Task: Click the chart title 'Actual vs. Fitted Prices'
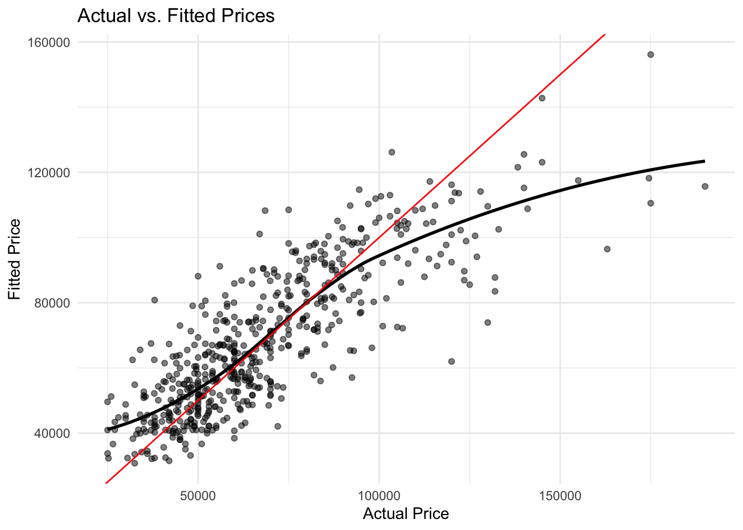pyautogui.click(x=176, y=15)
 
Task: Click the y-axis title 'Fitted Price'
pyautogui.click(x=15, y=259)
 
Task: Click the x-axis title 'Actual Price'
pyautogui.click(x=406, y=514)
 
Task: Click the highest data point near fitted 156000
pyautogui.click(x=651, y=55)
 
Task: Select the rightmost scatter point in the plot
pyautogui.click(x=705, y=187)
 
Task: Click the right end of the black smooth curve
pyautogui.click(x=705, y=161)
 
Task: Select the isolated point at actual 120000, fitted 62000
pyautogui.click(x=451, y=362)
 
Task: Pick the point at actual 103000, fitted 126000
pyautogui.click(x=391, y=152)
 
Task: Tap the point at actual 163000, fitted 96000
pyautogui.click(x=607, y=249)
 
